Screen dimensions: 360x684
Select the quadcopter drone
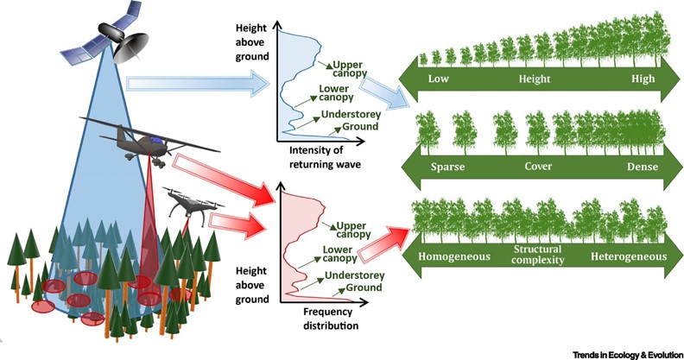(189, 205)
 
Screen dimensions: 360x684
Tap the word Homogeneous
(455, 257)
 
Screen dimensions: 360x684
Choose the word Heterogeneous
(629, 257)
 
